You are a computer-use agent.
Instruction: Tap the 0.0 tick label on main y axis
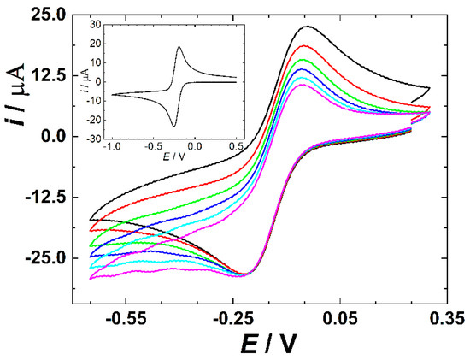[52, 137]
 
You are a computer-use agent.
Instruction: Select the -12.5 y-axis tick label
[45, 198]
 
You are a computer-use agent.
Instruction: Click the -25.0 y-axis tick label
[45, 258]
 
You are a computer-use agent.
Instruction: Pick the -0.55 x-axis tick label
[126, 319]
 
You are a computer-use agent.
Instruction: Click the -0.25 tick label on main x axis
[233, 319]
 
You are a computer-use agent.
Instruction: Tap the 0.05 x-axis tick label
[340, 319]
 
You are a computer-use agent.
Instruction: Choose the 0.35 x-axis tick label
[447, 319]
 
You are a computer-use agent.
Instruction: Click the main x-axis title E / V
[268, 343]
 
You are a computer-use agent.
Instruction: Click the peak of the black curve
[308, 27]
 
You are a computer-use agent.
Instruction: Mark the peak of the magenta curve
[303, 85]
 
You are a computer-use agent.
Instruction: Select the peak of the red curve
[304, 45]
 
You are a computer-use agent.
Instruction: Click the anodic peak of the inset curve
[179, 47]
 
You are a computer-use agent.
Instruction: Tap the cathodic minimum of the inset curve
[173, 127]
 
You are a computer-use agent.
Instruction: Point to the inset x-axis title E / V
[173, 156]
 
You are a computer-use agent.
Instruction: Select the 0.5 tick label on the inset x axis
[237, 146]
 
